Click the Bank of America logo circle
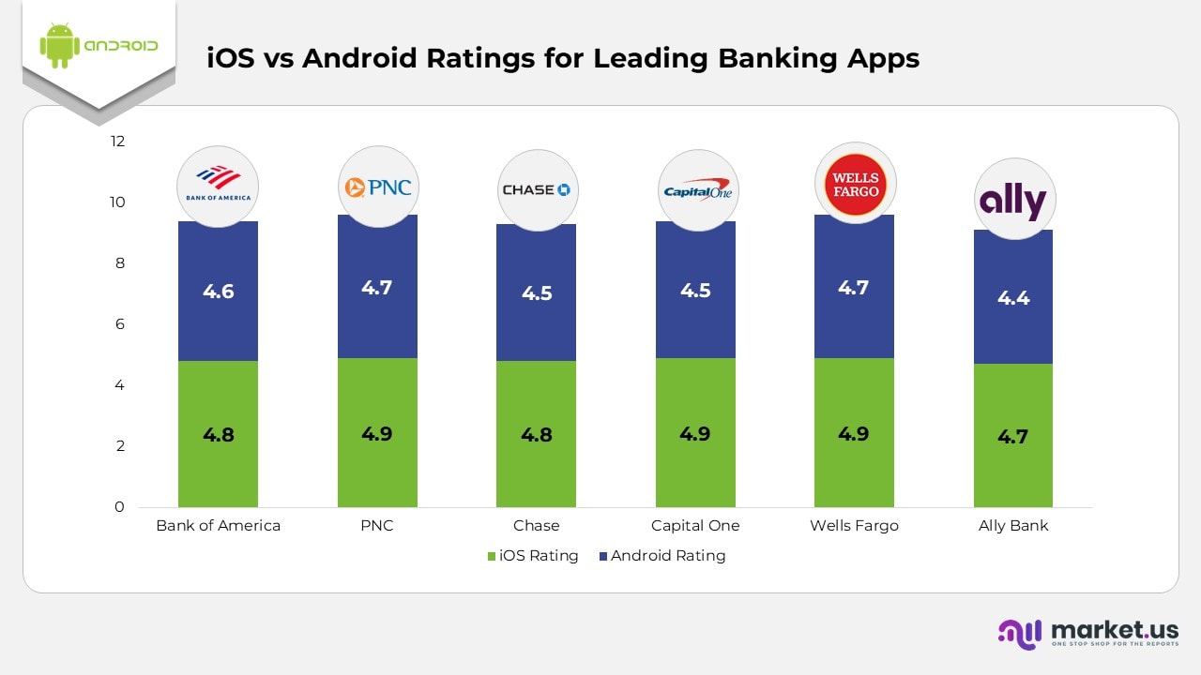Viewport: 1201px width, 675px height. (x=218, y=186)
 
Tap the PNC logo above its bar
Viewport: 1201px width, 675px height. (x=377, y=187)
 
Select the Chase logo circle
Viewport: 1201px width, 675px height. (x=537, y=190)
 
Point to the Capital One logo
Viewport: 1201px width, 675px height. (x=697, y=190)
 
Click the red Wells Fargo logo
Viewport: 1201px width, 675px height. (x=856, y=184)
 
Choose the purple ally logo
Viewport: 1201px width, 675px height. (x=1014, y=200)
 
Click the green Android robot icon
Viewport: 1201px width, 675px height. (x=58, y=45)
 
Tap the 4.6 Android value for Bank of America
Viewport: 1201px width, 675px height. (x=218, y=292)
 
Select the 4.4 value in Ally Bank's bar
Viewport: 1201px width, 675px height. (x=1013, y=298)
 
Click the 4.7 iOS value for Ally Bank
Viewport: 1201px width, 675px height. (x=1013, y=436)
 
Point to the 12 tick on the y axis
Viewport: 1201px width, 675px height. (x=117, y=142)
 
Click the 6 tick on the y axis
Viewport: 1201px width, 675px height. (x=118, y=324)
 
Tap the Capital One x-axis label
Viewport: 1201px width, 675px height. (x=695, y=526)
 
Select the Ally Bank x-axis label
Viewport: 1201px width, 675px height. (x=1013, y=526)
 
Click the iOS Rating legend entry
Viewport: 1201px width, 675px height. (x=532, y=556)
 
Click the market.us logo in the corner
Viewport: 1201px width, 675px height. (x=1088, y=633)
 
